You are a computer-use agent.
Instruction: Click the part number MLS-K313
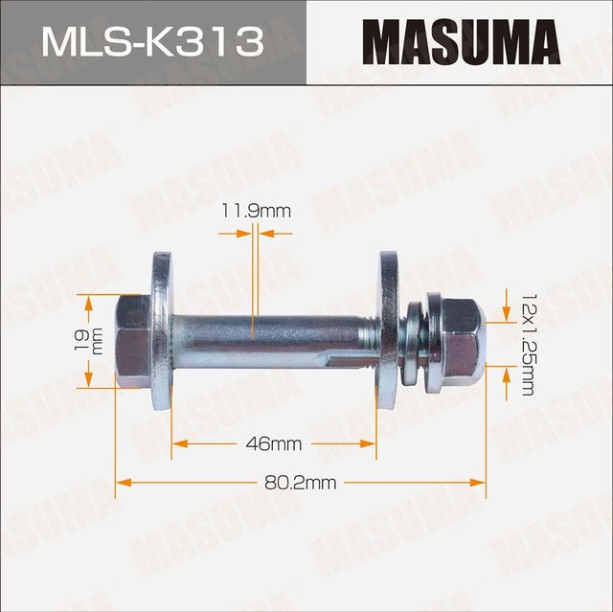pyautogui.click(x=151, y=42)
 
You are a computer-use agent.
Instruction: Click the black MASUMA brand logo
pyautogui.click(x=460, y=43)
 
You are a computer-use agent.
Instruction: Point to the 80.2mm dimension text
pyautogui.click(x=300, y=483)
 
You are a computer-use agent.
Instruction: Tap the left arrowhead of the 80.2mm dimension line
pyautogui.click(x=122, y=483)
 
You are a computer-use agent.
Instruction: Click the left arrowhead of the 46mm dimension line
pyautogui.click(x=178, y=443)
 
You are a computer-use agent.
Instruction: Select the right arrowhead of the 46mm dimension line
pyautogui.click(x=371, y=443)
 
